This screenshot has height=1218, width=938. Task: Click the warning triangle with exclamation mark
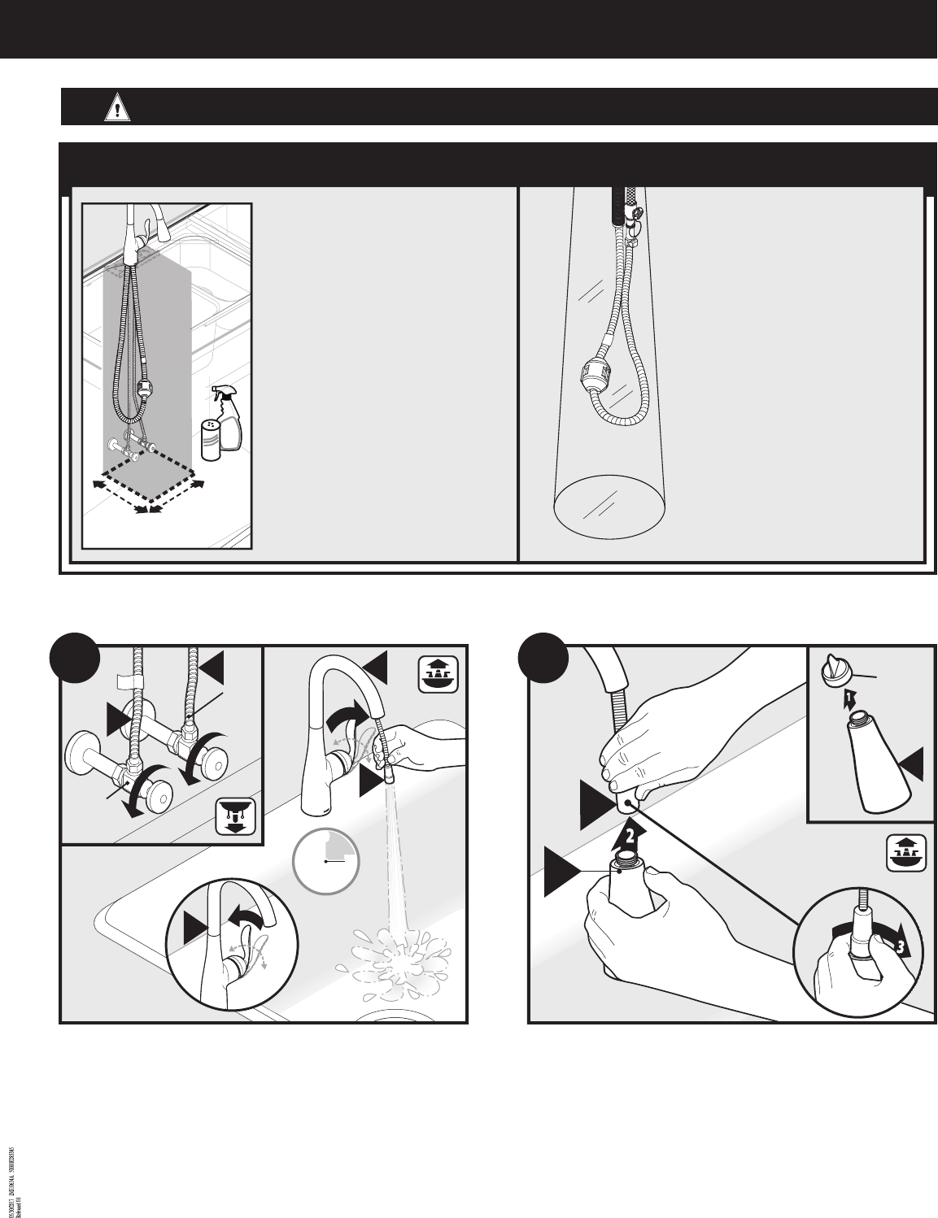click(x=117, y=108)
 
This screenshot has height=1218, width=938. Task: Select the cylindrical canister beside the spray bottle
click(x=211, y=441)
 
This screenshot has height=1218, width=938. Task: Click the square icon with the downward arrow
click(x=236, y=816)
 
